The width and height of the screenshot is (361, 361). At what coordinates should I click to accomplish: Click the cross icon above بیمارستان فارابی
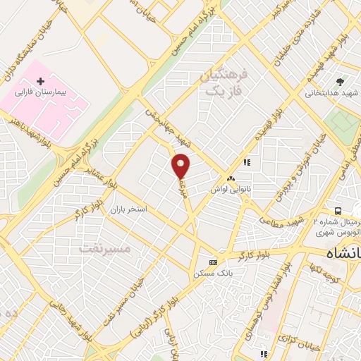pyautogui.click(x=40, y=82)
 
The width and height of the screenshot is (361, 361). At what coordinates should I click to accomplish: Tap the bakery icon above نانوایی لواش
pyautogui.click(x=231, y=178)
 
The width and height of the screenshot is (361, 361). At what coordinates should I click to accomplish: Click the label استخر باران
pyautogui.click(x=128, y=210)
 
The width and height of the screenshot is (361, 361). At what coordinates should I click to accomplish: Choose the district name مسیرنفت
pyautogui.click(x=105, y=248)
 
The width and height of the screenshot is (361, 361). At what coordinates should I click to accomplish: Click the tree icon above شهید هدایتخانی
pyautogui.click(x=339, y=82)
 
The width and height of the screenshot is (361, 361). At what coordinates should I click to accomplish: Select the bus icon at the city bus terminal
pyautogui.click(x=339, y=211)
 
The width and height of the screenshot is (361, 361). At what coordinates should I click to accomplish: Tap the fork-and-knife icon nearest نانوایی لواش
pyautogui.click(x=247, y=162)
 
